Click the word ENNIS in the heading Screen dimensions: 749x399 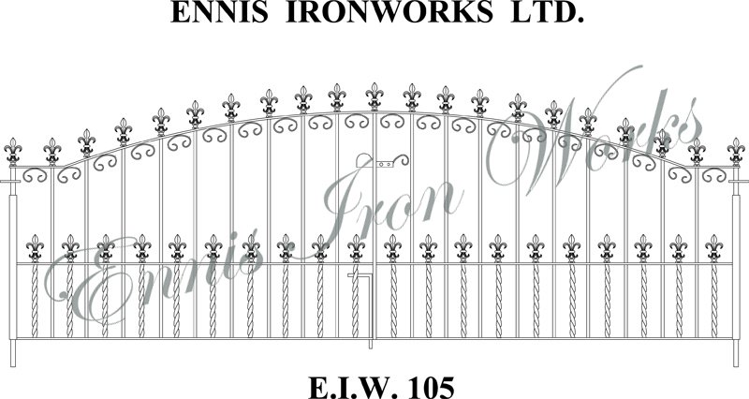coord(219,12)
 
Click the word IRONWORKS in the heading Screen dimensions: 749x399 coord(389,12)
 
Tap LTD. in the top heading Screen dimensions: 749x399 coord(547,12)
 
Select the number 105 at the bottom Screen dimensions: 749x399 coord(428,388)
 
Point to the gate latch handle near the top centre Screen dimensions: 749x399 coord(382,161)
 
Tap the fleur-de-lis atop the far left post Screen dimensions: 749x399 coord(13,152)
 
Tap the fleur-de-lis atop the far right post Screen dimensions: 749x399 coord(736,152)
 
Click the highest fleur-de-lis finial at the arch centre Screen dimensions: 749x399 coord(374,97)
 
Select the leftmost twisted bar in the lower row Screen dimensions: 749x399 coord(35,300)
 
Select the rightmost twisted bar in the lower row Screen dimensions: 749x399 coord(714,300)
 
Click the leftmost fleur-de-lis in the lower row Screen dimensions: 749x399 coord(35,248)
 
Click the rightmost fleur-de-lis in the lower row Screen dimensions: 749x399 coord(714,248)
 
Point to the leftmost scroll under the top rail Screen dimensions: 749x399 coord(35,175)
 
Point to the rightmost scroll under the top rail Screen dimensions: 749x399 coord(713,175)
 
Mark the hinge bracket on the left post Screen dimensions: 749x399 coord(10,182)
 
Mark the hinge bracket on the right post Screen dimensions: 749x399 coord(739,182)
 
